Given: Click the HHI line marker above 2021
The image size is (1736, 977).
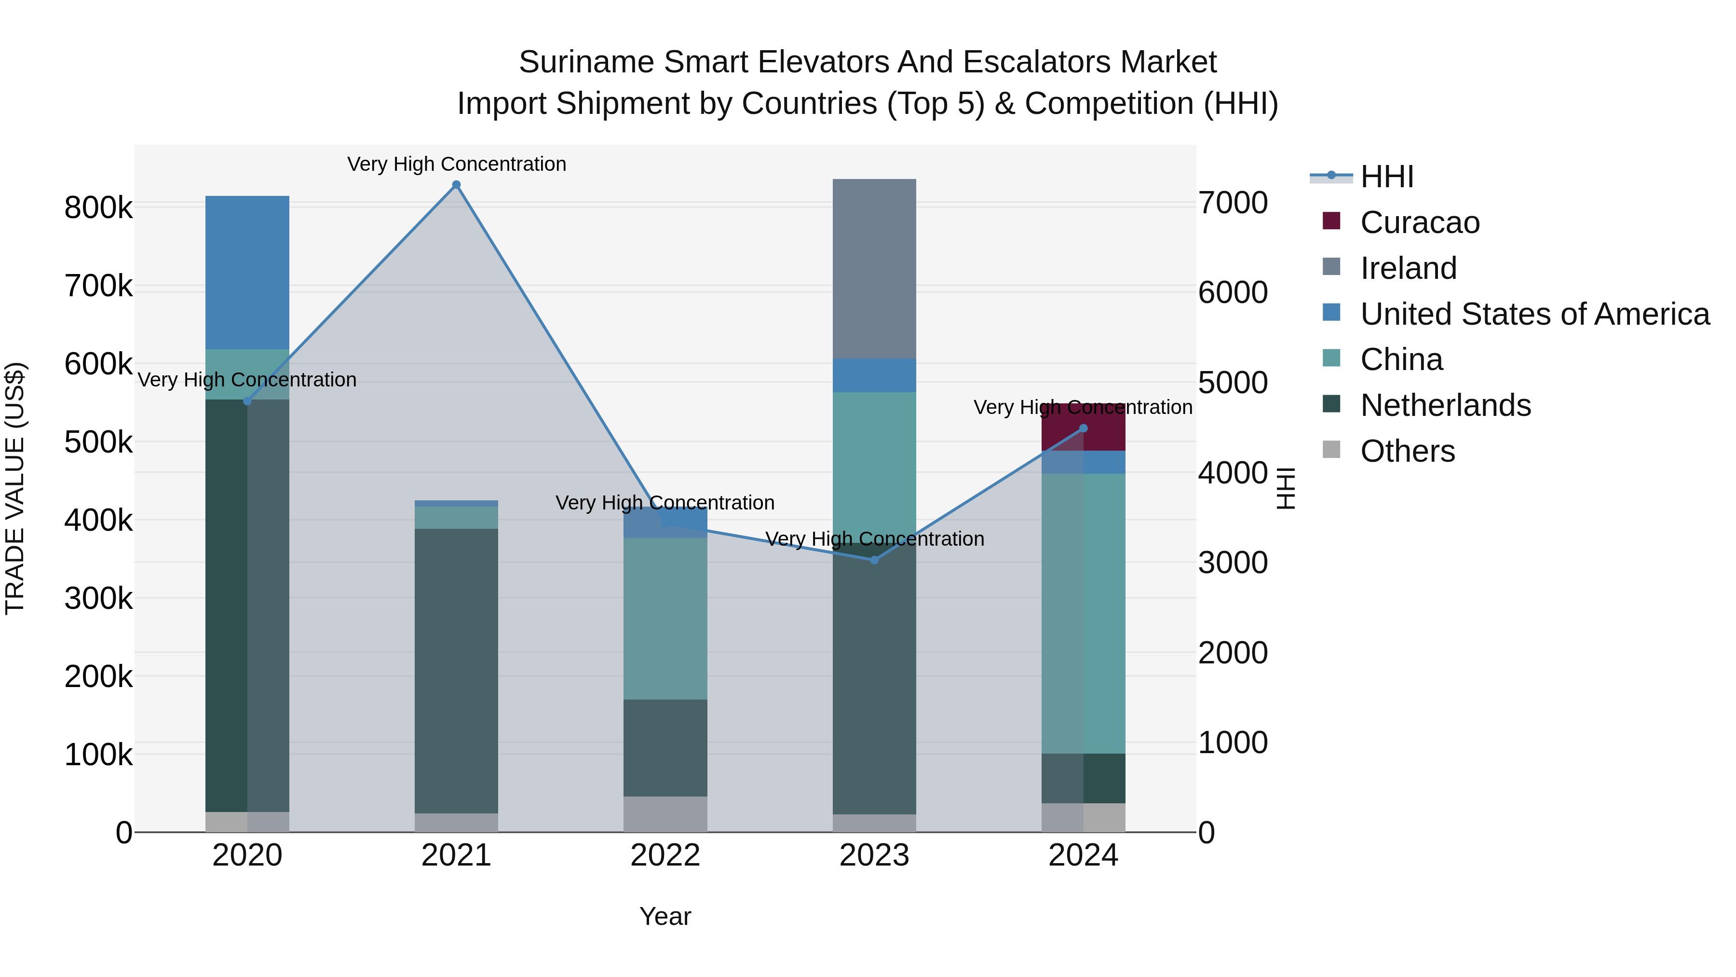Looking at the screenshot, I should (x=456, y=185).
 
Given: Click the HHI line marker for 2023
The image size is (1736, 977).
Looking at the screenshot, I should (x=875, y=560).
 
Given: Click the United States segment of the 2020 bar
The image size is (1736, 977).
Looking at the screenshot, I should (x=247, y=273).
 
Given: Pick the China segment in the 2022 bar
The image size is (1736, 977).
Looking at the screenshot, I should (x=665, y=619).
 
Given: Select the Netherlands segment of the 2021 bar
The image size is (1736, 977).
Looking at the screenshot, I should (x=456, y=671).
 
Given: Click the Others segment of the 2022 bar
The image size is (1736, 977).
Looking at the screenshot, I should (x=665, y=814).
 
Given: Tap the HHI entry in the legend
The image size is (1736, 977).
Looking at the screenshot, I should (x=1387, y=177).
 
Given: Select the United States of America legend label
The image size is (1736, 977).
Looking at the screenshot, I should (x=1534, y=314).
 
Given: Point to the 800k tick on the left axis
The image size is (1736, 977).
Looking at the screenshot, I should (x=98, y=207).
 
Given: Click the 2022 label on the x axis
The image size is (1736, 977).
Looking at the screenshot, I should (x=665, y=855).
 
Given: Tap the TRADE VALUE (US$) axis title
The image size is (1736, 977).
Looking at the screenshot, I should (x=15, y=488).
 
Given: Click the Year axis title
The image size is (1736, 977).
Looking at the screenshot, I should (x=665, y=916).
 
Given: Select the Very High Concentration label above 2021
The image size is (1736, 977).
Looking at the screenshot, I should (x=456, y=164).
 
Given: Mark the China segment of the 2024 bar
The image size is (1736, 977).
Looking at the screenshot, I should (x=1084, y=614).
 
